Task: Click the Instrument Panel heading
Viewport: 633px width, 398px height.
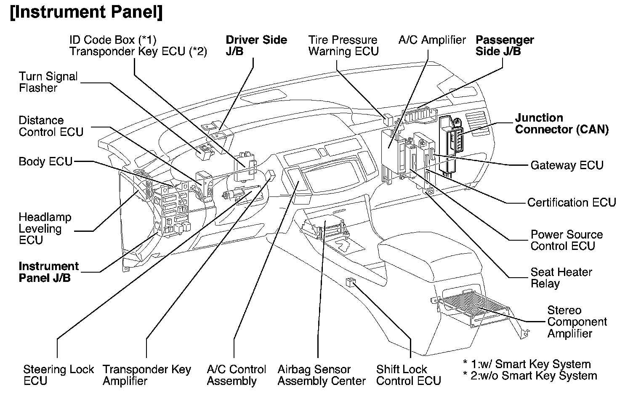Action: tap(86, 13)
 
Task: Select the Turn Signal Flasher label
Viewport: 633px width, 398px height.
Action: tap(48, 82)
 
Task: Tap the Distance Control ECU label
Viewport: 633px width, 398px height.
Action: tap(51, 126)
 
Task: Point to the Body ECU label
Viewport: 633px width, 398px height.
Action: tap(45, 162)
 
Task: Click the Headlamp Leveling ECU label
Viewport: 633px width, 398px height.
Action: tap(45, 229)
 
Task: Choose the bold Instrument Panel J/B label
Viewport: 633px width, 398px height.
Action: tap(48, 272)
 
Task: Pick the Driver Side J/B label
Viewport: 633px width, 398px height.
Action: tap(256, 45)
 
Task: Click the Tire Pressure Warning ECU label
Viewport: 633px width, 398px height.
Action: tap(343, 45)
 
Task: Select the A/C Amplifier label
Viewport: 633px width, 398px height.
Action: tap(432, 40)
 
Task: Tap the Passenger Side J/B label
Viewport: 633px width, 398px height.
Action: tap(505, 45)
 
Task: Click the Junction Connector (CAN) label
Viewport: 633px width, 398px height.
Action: tap(561, 124)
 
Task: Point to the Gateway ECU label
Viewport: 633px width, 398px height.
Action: tap(567, 165)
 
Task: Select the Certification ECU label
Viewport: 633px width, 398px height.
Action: tap(571, 202)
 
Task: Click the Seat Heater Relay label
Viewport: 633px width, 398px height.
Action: tap(561, 278)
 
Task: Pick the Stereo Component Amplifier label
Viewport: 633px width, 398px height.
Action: tap(577, 322)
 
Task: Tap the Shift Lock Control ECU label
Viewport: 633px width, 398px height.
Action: tap(408, 375)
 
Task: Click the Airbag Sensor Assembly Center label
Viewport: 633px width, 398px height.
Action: tap(322, 375)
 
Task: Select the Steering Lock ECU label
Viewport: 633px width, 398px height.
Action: tap(59, 375)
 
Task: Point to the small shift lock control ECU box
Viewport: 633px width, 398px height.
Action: tap(350, 282)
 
